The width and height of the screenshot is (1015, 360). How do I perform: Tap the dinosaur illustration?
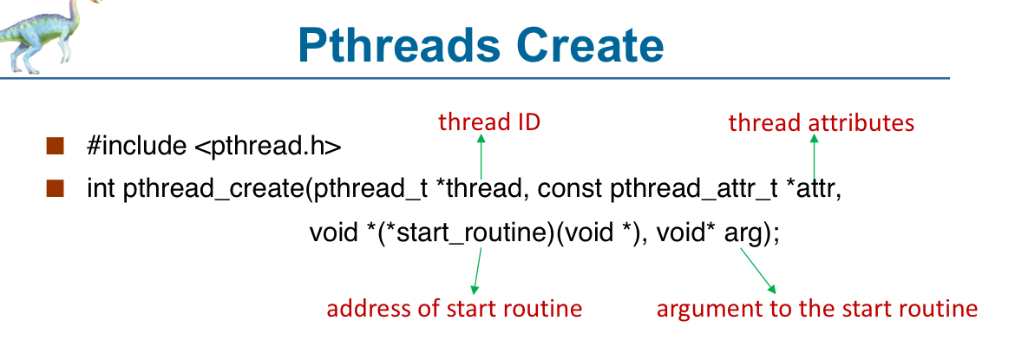tap(43, 35)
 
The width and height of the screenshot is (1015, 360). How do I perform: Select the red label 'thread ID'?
tap(488, 121)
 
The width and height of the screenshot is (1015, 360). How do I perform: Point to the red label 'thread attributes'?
tap(822, 122)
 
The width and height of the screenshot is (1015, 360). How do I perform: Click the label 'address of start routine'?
tap(454, 309)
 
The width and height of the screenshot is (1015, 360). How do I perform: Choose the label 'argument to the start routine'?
tap(817, 309)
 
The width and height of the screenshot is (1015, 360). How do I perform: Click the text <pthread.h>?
tap(266, 147)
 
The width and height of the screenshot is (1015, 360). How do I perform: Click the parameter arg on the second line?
tap(743, 234)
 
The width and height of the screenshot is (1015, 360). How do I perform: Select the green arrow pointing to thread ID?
tap(481, 156)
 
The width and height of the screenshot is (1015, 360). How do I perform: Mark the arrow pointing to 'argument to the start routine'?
tap(758, 271)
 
